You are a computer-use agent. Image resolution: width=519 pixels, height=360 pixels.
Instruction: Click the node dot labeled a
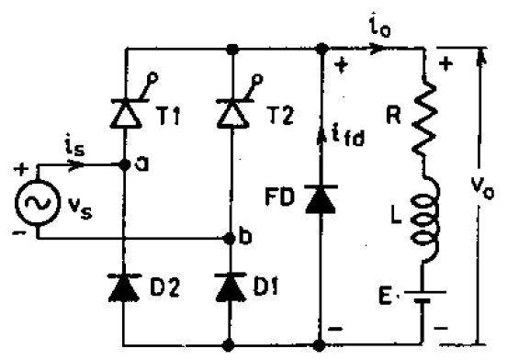(x=125, y=166)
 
